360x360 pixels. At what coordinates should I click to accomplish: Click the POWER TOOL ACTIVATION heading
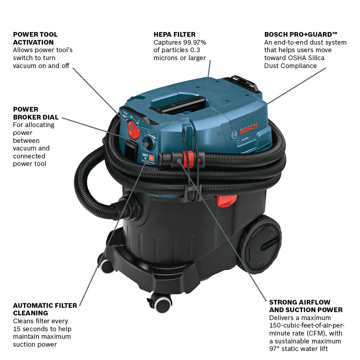pos(35,39)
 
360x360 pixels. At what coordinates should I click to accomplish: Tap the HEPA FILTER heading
pos(175,35)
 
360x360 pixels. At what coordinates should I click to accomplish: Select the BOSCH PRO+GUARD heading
pos(301,35)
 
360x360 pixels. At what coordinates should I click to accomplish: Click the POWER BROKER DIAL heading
pos(36,113)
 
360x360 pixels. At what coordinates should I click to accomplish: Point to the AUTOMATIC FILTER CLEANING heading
pos(45,309)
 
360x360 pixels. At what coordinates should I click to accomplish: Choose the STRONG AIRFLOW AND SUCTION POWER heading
pos(306,306)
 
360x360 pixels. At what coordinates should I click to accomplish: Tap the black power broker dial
pos(147,143)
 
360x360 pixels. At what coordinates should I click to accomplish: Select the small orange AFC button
pos(152,158)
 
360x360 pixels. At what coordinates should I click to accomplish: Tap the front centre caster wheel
pos(162,303)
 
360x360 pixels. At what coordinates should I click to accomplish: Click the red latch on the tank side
pos(227,201)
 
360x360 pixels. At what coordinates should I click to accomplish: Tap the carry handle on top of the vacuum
pos(180,104)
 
